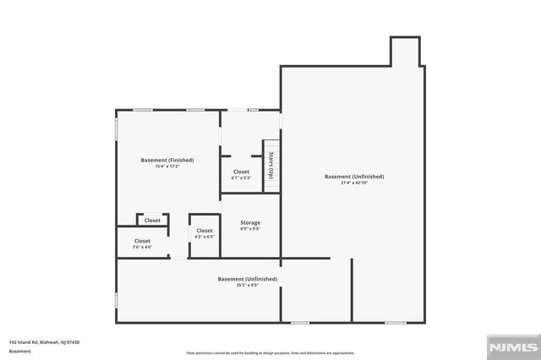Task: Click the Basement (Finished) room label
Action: coord(167,160)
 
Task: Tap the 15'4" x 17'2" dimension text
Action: coord(167,166)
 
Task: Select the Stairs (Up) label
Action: coord(271,166)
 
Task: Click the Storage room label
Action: coord(249,222)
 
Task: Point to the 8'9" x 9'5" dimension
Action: coord(249,229)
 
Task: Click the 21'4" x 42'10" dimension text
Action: coord(354,183)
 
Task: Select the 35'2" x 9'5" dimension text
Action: coord(247,286)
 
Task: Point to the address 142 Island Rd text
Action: coord(45,341)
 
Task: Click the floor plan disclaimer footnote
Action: coord(270,353)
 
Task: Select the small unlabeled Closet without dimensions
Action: coord(152,221)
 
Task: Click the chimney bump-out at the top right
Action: coord(404,52)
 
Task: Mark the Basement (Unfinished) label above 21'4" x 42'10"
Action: coord(354,177)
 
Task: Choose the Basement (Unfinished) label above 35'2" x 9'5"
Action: coord(247,279)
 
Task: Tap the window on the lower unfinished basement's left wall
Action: coord(117,300)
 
